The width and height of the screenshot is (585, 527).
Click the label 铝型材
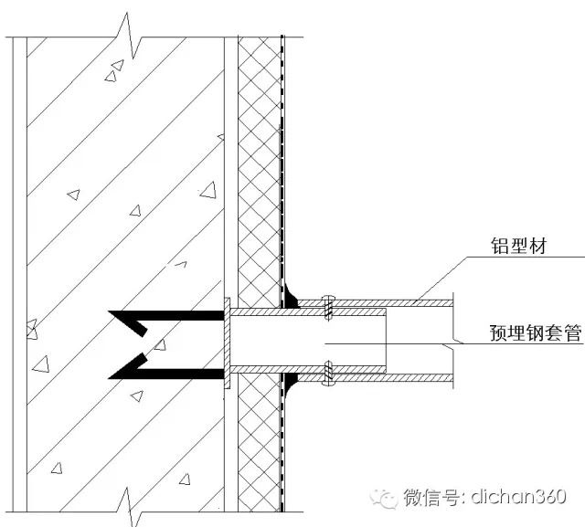click(518, 247)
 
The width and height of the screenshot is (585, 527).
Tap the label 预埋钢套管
click(536, 332)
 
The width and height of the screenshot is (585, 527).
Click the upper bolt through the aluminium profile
click(328, 307)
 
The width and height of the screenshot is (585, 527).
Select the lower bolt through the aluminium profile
click(328, 373)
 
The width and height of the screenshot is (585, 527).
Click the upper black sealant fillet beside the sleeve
click(291, 297)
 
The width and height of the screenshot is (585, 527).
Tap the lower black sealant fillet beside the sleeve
click(291, 385)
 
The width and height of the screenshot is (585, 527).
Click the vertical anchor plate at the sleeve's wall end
click(227, 343)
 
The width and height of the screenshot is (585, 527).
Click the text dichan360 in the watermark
click(518, 497)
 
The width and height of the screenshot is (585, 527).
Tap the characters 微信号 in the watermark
click(431, 497)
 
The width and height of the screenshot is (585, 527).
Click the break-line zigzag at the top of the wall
click(129, 36)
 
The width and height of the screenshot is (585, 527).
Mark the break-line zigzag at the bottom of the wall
click(129, 508)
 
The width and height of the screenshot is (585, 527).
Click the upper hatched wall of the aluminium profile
click(375, 303)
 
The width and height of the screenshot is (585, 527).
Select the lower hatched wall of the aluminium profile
click(375, 377)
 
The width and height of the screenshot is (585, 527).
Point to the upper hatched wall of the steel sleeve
click(308, 312)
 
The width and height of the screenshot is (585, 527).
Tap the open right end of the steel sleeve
click(386, 341)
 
